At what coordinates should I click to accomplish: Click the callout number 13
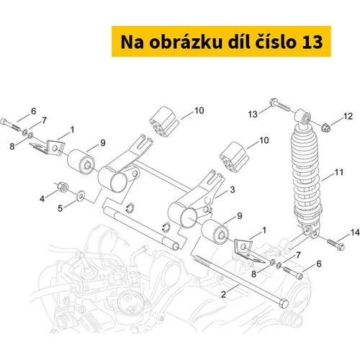[x=253, y=114]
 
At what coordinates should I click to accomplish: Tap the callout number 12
[x=348, y=116]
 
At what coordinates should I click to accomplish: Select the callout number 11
[x=338, y=172]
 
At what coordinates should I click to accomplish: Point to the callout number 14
[x=355, y=233]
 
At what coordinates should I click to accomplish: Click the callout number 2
[x=223, y=294]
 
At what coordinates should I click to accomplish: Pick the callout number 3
[x=233, y=189]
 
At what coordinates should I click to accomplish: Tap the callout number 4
[x=42, y=199]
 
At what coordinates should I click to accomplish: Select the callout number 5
[x=60, y=208]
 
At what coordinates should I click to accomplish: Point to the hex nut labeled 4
[x=63, y=187]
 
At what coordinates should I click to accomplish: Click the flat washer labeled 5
[x=81, y=195]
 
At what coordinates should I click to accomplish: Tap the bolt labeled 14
[x=336, y=244]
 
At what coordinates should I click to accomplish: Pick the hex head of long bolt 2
[x=284, y=303]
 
